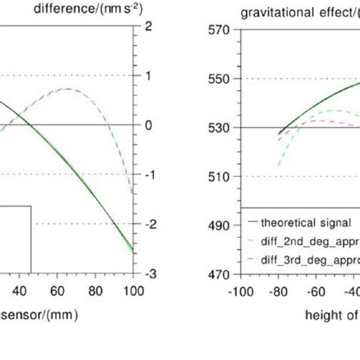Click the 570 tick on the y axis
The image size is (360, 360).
pyautogui.click(x=221, y=30)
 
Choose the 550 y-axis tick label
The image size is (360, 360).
pyautogui.click(x=221, y=79)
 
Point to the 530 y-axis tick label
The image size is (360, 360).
pyautogui.click(x=221, y=128)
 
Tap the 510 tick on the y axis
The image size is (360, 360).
pyautogui.click(x=221, y=177)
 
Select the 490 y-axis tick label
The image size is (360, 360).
pyautogui.click(x=221, y=226)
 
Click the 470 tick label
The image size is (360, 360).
pyautogui.click(x=221, y=275)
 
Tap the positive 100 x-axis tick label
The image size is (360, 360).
pyautogui.click(x=133, y=290)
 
